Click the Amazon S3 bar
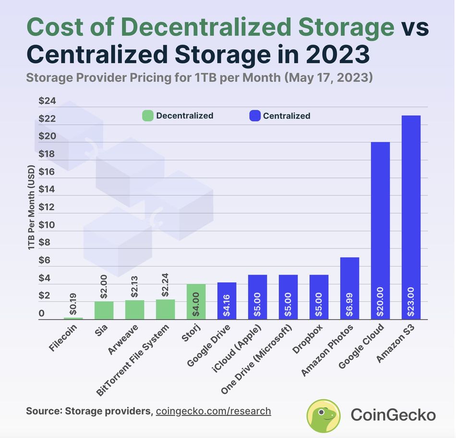coord(411,216)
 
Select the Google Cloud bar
coord(380,231)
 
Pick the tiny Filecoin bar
coord(73,318)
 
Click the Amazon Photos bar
coord(349,288)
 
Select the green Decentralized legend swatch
coord(147,116)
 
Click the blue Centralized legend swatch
coord(254,116)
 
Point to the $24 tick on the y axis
coord(47,101)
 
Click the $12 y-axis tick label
coord(47,207)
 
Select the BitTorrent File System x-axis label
coord(133,360)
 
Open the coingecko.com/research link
coord(213,411)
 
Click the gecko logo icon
coord(324,415)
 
